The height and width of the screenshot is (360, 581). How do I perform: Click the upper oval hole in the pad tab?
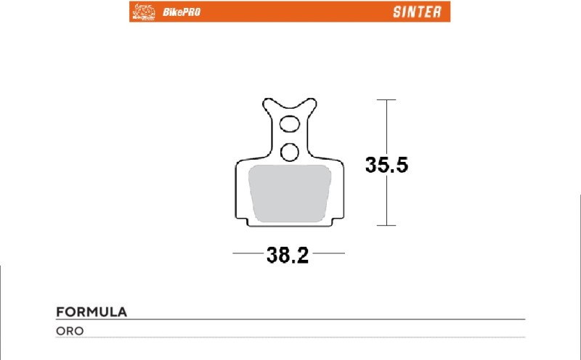tap(290, 123)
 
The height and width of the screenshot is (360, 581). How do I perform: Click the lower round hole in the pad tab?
tap(290, 151)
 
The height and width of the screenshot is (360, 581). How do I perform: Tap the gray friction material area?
tap(290, 192)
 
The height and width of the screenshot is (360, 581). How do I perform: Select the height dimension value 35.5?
tap(386, 165)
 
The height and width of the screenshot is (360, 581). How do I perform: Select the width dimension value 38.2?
tap(288, 255)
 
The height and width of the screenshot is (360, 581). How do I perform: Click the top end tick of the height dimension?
tap(386, 99)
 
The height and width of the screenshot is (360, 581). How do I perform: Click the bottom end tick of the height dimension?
tap(386, 225)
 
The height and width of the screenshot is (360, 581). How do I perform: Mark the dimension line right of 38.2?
tap(328, 254)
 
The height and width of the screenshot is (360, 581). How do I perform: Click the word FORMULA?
tap(92, 312)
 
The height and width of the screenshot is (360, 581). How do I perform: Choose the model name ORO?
tap(70, 331)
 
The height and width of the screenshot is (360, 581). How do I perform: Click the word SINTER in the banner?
tap(416, 12)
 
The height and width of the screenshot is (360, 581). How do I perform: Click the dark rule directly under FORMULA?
tap(290, 320)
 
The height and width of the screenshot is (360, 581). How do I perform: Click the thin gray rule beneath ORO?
tap(290, 338)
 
